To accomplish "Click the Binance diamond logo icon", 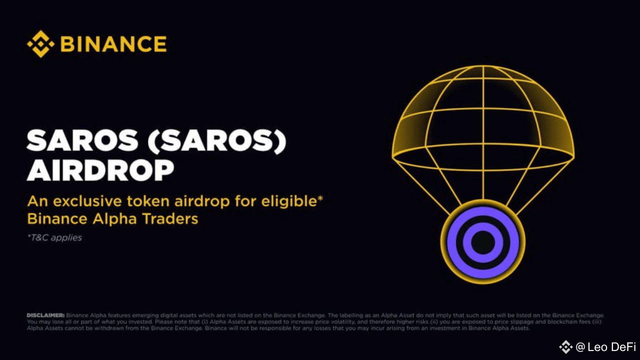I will point(40,44).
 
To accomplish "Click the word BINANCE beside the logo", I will point(113,44).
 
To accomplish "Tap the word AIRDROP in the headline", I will point(100,170).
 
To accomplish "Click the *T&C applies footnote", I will point(54,238).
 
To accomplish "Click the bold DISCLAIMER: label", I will point(45,315).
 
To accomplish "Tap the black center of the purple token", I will point(483,242).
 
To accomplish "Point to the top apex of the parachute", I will point(483,66).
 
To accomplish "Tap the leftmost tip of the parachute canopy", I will point(393,156).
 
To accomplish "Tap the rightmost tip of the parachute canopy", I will point(573,156).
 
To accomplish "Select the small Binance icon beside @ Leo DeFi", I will point(565,347).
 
